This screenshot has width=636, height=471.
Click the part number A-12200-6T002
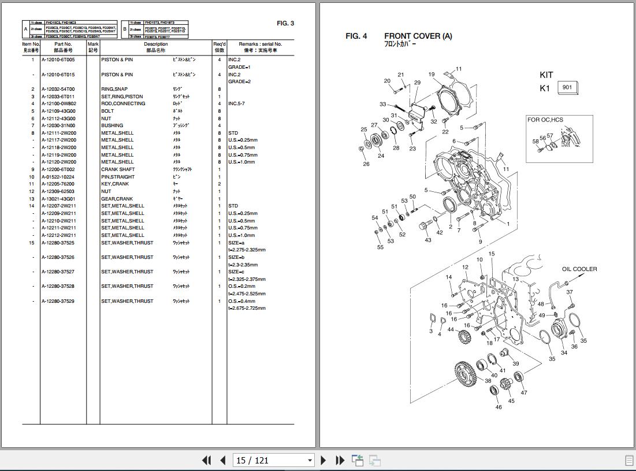[58, 169]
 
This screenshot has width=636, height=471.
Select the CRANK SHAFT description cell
[118, 169]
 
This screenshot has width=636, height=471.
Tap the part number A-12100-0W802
[58, 104]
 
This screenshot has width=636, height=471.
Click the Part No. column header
[63, 44]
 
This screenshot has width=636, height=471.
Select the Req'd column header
[220, 44]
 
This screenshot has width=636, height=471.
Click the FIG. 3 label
[285, 24]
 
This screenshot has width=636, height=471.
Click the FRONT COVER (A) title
[418, 36]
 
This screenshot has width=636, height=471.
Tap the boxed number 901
[567, 88]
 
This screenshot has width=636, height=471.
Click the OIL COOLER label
[579, 269]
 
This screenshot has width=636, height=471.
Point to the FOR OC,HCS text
[545, 120]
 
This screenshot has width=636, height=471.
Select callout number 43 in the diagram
[428, 240]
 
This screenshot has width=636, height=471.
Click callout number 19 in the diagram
[432, 75]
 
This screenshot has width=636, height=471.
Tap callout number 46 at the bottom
[499, 407]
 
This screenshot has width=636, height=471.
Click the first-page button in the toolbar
[206, 460]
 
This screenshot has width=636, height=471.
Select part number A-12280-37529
[58, 301]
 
